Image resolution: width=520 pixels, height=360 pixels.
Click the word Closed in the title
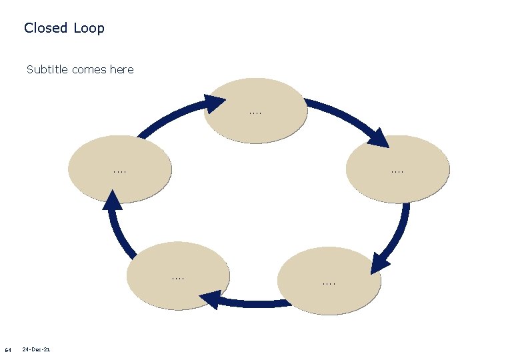46,28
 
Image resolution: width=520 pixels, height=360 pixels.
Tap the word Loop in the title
89,28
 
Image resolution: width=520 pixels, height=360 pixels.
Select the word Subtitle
47,69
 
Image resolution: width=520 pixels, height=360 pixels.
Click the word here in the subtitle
121,69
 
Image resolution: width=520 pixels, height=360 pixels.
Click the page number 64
8,349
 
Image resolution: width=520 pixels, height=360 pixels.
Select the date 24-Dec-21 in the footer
37,349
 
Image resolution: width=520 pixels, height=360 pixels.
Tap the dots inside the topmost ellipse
255,113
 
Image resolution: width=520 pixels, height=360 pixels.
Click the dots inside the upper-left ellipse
120,171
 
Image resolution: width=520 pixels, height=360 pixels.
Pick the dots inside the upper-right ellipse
398,171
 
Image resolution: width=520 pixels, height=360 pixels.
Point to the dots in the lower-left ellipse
178,277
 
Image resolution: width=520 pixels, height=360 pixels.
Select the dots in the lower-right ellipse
329,284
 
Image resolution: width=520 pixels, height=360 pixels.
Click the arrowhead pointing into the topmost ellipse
215,104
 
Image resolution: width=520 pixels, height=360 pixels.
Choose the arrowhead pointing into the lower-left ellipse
212,301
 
